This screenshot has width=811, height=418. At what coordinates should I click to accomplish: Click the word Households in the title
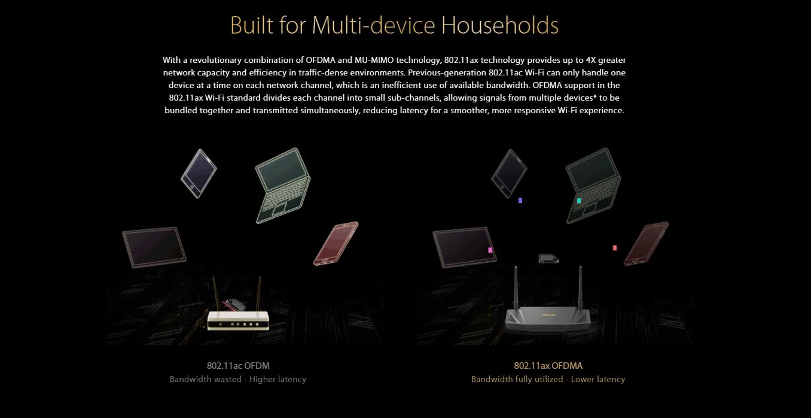499,25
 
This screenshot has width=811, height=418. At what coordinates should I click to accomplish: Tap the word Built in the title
251,25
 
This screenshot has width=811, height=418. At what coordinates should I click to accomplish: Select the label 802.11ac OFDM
238,366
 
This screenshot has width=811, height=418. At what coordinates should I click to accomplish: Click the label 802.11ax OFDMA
548,366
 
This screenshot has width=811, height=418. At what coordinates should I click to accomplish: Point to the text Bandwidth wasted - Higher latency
238,379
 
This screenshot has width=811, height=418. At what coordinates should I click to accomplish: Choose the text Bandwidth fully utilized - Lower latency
548,379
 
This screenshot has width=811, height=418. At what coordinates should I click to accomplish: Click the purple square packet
520,201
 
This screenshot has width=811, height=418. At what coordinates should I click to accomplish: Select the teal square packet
579,201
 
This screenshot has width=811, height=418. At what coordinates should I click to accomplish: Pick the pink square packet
490,250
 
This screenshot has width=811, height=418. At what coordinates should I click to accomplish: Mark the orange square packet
615,247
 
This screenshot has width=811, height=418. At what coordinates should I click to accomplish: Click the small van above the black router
548,259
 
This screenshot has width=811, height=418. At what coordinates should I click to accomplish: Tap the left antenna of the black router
516,288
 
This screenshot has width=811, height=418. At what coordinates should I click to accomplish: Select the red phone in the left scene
336,243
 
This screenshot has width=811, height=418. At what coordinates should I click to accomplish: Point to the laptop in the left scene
283,185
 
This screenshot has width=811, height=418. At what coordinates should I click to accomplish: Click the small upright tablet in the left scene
199,173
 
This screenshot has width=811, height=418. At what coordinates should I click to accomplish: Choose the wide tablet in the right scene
465,247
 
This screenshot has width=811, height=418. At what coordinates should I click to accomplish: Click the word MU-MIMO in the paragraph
374,60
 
